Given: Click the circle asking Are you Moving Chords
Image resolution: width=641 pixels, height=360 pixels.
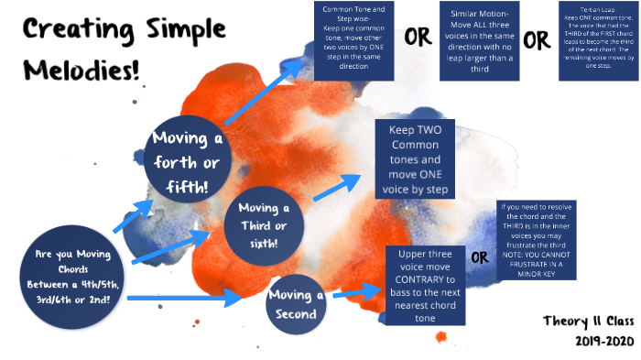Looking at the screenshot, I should (74, 271).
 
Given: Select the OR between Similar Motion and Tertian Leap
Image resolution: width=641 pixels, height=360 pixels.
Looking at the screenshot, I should (537, 40).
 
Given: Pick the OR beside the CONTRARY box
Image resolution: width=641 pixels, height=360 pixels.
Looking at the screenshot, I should (480, 257).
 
